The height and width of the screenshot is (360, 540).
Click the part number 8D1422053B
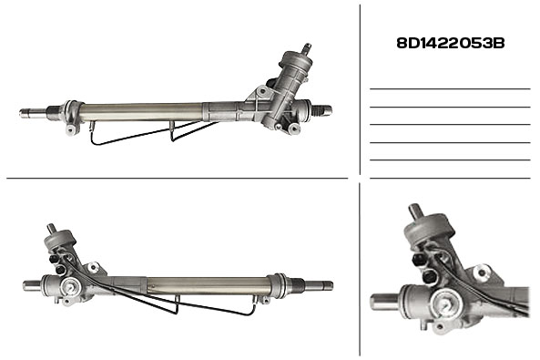451,44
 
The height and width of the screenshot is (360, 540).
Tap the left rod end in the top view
34,112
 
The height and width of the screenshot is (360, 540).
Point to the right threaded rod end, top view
321,110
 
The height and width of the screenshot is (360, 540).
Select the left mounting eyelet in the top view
71,130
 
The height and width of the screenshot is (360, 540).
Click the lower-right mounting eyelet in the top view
294,129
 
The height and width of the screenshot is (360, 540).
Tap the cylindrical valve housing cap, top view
297,63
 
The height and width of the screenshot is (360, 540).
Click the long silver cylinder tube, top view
141,111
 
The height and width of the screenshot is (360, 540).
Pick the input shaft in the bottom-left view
52,228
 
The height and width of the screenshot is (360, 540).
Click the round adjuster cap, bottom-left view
72,286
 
